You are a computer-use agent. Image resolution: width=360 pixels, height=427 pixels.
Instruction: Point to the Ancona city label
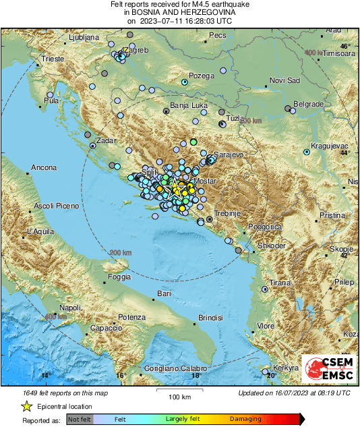43,167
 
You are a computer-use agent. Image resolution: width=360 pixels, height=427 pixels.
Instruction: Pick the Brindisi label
210,317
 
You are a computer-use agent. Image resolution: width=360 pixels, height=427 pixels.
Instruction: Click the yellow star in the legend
27,406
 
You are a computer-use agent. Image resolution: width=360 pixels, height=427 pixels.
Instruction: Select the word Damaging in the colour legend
245,419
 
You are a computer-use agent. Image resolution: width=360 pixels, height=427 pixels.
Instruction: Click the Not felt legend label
78,419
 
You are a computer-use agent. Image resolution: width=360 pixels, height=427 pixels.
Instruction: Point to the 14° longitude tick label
46,376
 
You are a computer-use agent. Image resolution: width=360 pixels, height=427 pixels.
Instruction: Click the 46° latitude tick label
345,47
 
